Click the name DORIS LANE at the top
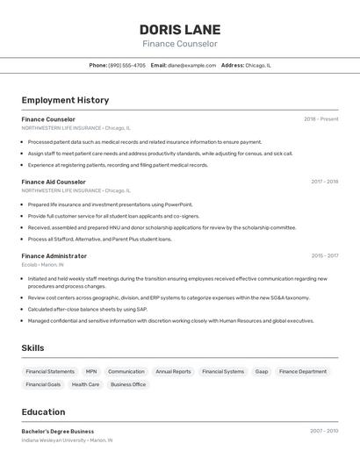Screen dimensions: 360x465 click(180, 29)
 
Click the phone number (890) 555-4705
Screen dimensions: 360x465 click(127, 65)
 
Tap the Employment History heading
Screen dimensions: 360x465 click(65, 100)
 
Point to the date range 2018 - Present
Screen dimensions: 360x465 click(321, 119)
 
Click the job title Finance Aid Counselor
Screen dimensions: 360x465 click(54, 182)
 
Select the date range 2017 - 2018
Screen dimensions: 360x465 click(324, 182)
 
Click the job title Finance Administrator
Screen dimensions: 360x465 click(54, 256)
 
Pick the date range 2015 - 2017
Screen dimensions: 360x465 click(324, 256)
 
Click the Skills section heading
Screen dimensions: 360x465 click(33, 348)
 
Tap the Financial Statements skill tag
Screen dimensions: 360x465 click(50, 371)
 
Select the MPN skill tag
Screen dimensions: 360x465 click(91, 371)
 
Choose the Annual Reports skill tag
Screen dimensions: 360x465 click(173, 371)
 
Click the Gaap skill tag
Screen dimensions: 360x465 click(262, 371)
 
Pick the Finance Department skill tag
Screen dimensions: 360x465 click(303, 371)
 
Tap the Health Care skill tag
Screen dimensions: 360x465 click(85, 384)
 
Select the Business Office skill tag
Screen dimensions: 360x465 click(128, 384)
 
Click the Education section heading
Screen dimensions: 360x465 click(44, 411)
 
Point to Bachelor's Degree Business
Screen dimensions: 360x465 click(58, 432)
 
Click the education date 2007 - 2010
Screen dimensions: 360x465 click(324, 432)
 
